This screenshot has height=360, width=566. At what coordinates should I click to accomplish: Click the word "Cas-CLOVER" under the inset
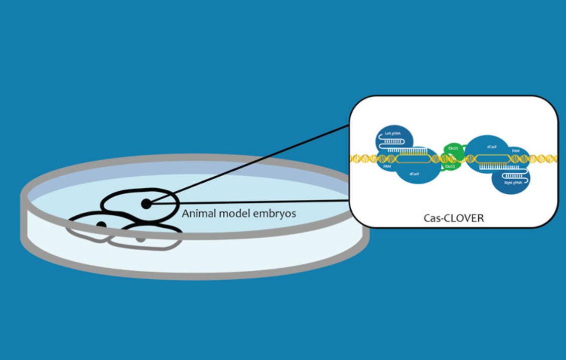tap(453, 218)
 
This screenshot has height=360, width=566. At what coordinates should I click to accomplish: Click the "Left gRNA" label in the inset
tap(393, 134)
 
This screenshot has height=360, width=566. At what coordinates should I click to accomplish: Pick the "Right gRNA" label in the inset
tap(513, 183)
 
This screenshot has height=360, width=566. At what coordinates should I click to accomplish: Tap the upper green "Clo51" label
tap(453, 148)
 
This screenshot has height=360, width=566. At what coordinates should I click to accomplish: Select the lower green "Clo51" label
tap(450, 166)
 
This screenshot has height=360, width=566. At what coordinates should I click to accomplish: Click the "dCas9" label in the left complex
tap(414, 174)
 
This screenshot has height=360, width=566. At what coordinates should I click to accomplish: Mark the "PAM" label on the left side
tap(387, 166)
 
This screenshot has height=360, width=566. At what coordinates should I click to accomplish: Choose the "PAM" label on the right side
tap(515, 150)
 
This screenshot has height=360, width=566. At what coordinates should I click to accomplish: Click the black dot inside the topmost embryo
tap(146, 204)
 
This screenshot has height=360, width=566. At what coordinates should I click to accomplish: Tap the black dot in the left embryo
tap(101, 225)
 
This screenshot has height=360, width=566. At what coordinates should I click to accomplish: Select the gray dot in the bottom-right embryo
tap(141, 237)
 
